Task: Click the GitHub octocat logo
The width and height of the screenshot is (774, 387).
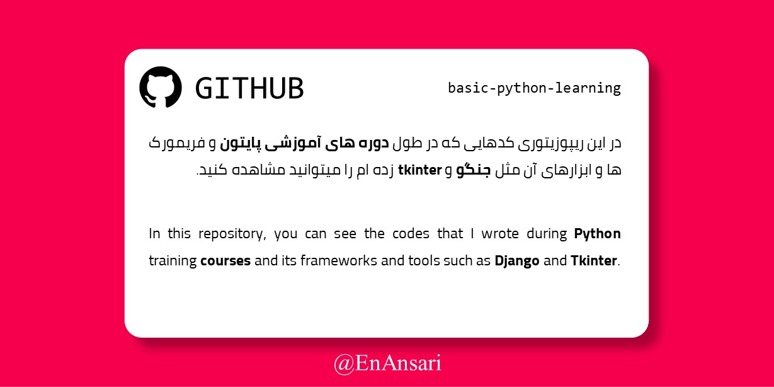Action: pos(161,87)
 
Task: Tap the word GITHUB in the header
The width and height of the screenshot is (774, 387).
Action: pos(249,88)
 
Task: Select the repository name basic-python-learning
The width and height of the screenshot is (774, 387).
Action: pos(534,88)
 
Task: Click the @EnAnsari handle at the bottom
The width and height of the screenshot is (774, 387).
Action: pos(387,364)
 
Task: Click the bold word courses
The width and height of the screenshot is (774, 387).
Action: pos(225,261)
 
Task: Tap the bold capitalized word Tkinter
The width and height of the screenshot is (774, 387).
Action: pos(594,261)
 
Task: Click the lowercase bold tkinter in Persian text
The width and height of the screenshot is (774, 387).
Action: pos(420,170)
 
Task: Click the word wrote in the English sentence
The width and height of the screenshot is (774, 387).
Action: pos(500,234)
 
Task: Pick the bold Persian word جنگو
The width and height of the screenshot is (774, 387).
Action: pos(474,170)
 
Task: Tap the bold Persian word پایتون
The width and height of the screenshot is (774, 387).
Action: pos(241,144)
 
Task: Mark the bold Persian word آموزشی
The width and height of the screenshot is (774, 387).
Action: pos(293,144)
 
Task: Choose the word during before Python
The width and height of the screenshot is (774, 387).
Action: pos(547,234)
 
